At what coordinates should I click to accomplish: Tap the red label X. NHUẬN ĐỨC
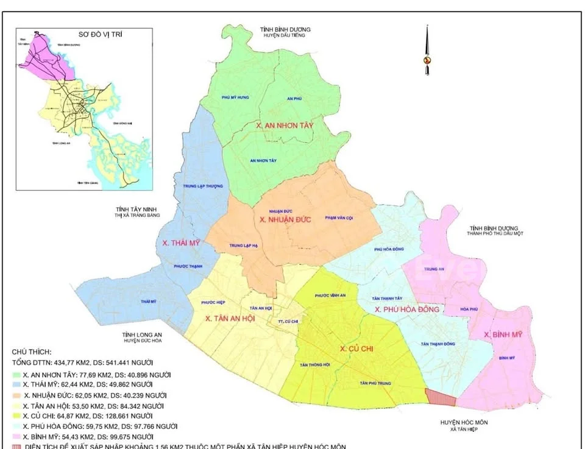click(285, 219)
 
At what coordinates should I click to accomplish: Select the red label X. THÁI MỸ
click(182, 242)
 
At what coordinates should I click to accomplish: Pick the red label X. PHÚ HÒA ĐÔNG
click(406, 310)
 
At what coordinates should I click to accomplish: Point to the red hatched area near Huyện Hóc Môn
click(440, 398)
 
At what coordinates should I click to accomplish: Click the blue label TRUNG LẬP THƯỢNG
click(202, 186)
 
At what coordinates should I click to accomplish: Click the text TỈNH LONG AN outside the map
click(141, 334)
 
